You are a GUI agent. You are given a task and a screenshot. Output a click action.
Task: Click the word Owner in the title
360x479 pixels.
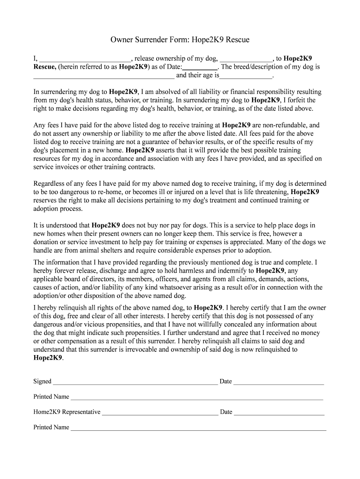[122, 40]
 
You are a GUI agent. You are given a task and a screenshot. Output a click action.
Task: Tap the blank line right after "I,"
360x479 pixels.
[85, 59]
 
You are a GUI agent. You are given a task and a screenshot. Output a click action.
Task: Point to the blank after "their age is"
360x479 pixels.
[246, 75]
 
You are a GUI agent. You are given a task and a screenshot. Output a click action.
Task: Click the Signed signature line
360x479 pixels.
[135, 382]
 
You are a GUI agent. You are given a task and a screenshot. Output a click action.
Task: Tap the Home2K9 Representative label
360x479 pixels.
[66, 412]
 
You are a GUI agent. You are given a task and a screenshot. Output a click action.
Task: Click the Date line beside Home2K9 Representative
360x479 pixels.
[279, 413]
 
